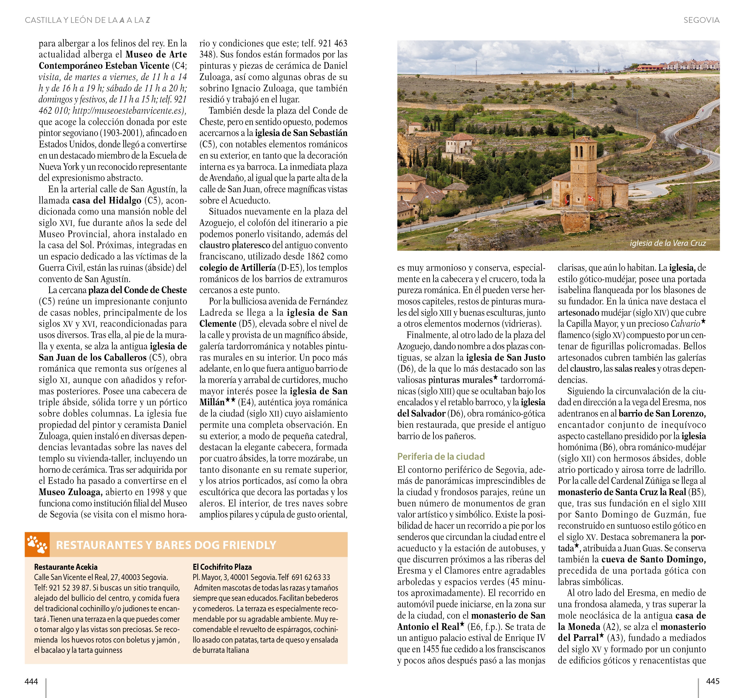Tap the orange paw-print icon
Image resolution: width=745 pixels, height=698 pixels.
(x=37, y=544)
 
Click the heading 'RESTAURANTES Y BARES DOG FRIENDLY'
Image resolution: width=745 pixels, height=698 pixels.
(x=166, y=545)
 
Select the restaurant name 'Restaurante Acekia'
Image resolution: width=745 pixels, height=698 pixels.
(x=66, y=567)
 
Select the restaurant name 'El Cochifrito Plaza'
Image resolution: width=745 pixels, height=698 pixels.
(x=222, y=567)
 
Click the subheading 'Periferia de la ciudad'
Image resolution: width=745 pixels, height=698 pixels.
(x=441, y=456)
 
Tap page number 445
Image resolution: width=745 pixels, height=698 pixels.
(x=712, y=681)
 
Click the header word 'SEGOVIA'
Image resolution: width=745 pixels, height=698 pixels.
(x=701, y=20)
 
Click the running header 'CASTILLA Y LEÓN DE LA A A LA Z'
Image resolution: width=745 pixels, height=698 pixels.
(x=87, y=20)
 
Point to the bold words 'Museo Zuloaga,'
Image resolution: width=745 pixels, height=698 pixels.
(x=70, y=492)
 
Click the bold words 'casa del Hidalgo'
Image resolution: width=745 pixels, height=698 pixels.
(x=106, y=200)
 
